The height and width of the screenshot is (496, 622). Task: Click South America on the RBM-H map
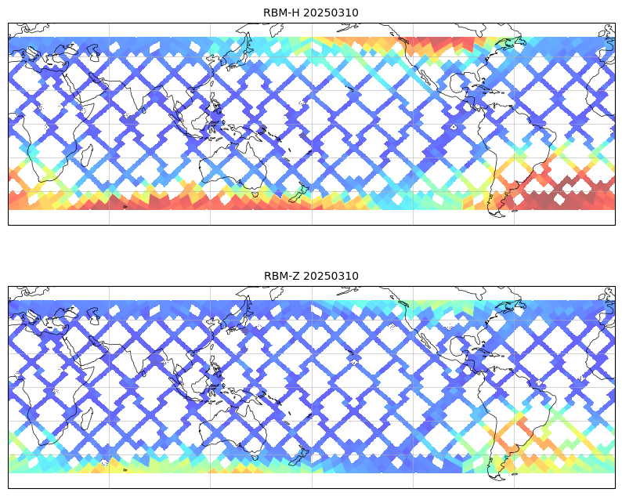(x=521, y=149)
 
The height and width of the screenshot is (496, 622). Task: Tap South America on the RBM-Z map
(x=521, y=412)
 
